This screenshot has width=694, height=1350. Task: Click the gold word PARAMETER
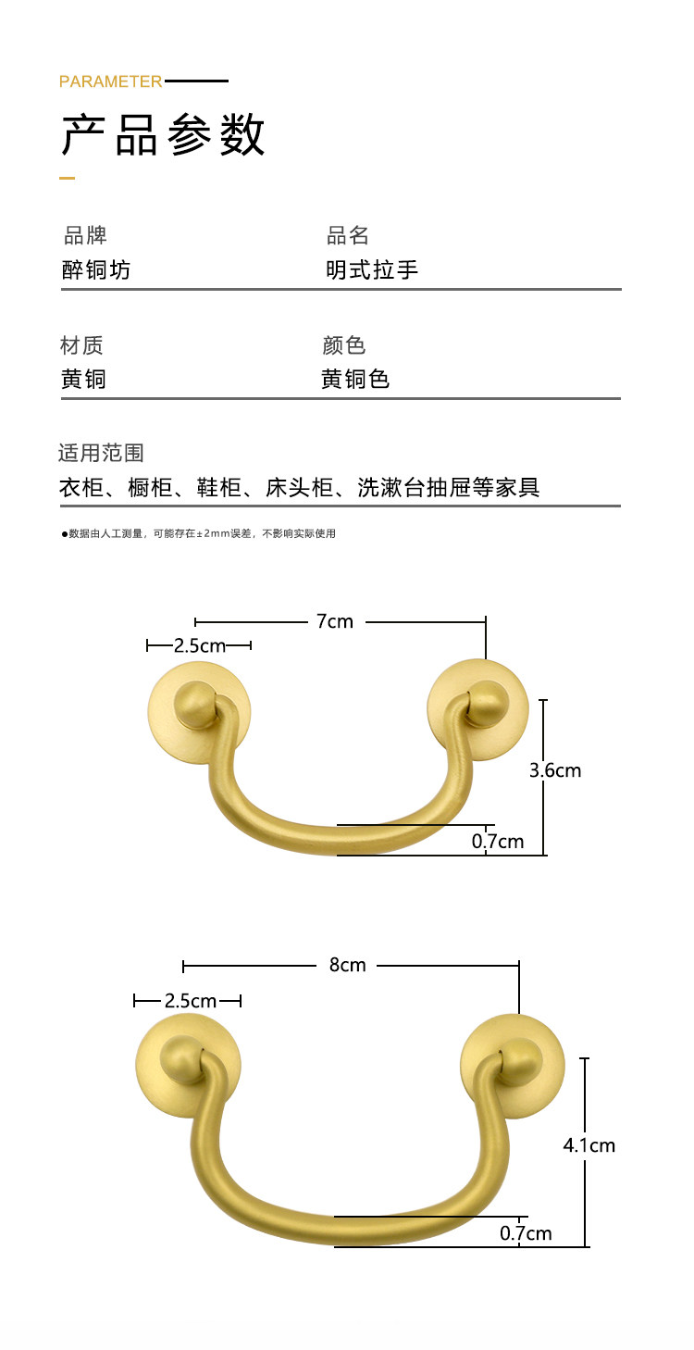[110, 81]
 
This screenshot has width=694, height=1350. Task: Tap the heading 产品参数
[164, 135]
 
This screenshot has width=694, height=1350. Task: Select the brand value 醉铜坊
[96, 269]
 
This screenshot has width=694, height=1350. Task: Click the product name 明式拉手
[372, 269]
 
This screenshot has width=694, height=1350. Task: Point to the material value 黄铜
[83, 379]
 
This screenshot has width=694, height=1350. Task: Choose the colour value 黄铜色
[355, 379]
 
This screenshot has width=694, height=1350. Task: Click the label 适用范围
[101, 453]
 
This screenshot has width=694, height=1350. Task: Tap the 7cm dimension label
[335, 621]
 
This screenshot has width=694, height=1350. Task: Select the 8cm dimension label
[347, 965]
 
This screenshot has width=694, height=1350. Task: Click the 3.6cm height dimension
[555, 769]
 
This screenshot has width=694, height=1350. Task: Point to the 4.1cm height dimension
[589, 1145]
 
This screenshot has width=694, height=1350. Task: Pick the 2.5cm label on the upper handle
[199, 645]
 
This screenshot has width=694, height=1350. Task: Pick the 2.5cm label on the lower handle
[190, 1001]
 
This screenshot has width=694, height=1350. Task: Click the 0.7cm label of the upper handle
[498, 841]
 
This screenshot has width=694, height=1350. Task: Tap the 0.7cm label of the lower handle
[526, 1232]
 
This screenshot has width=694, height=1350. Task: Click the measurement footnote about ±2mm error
[198, 533]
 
